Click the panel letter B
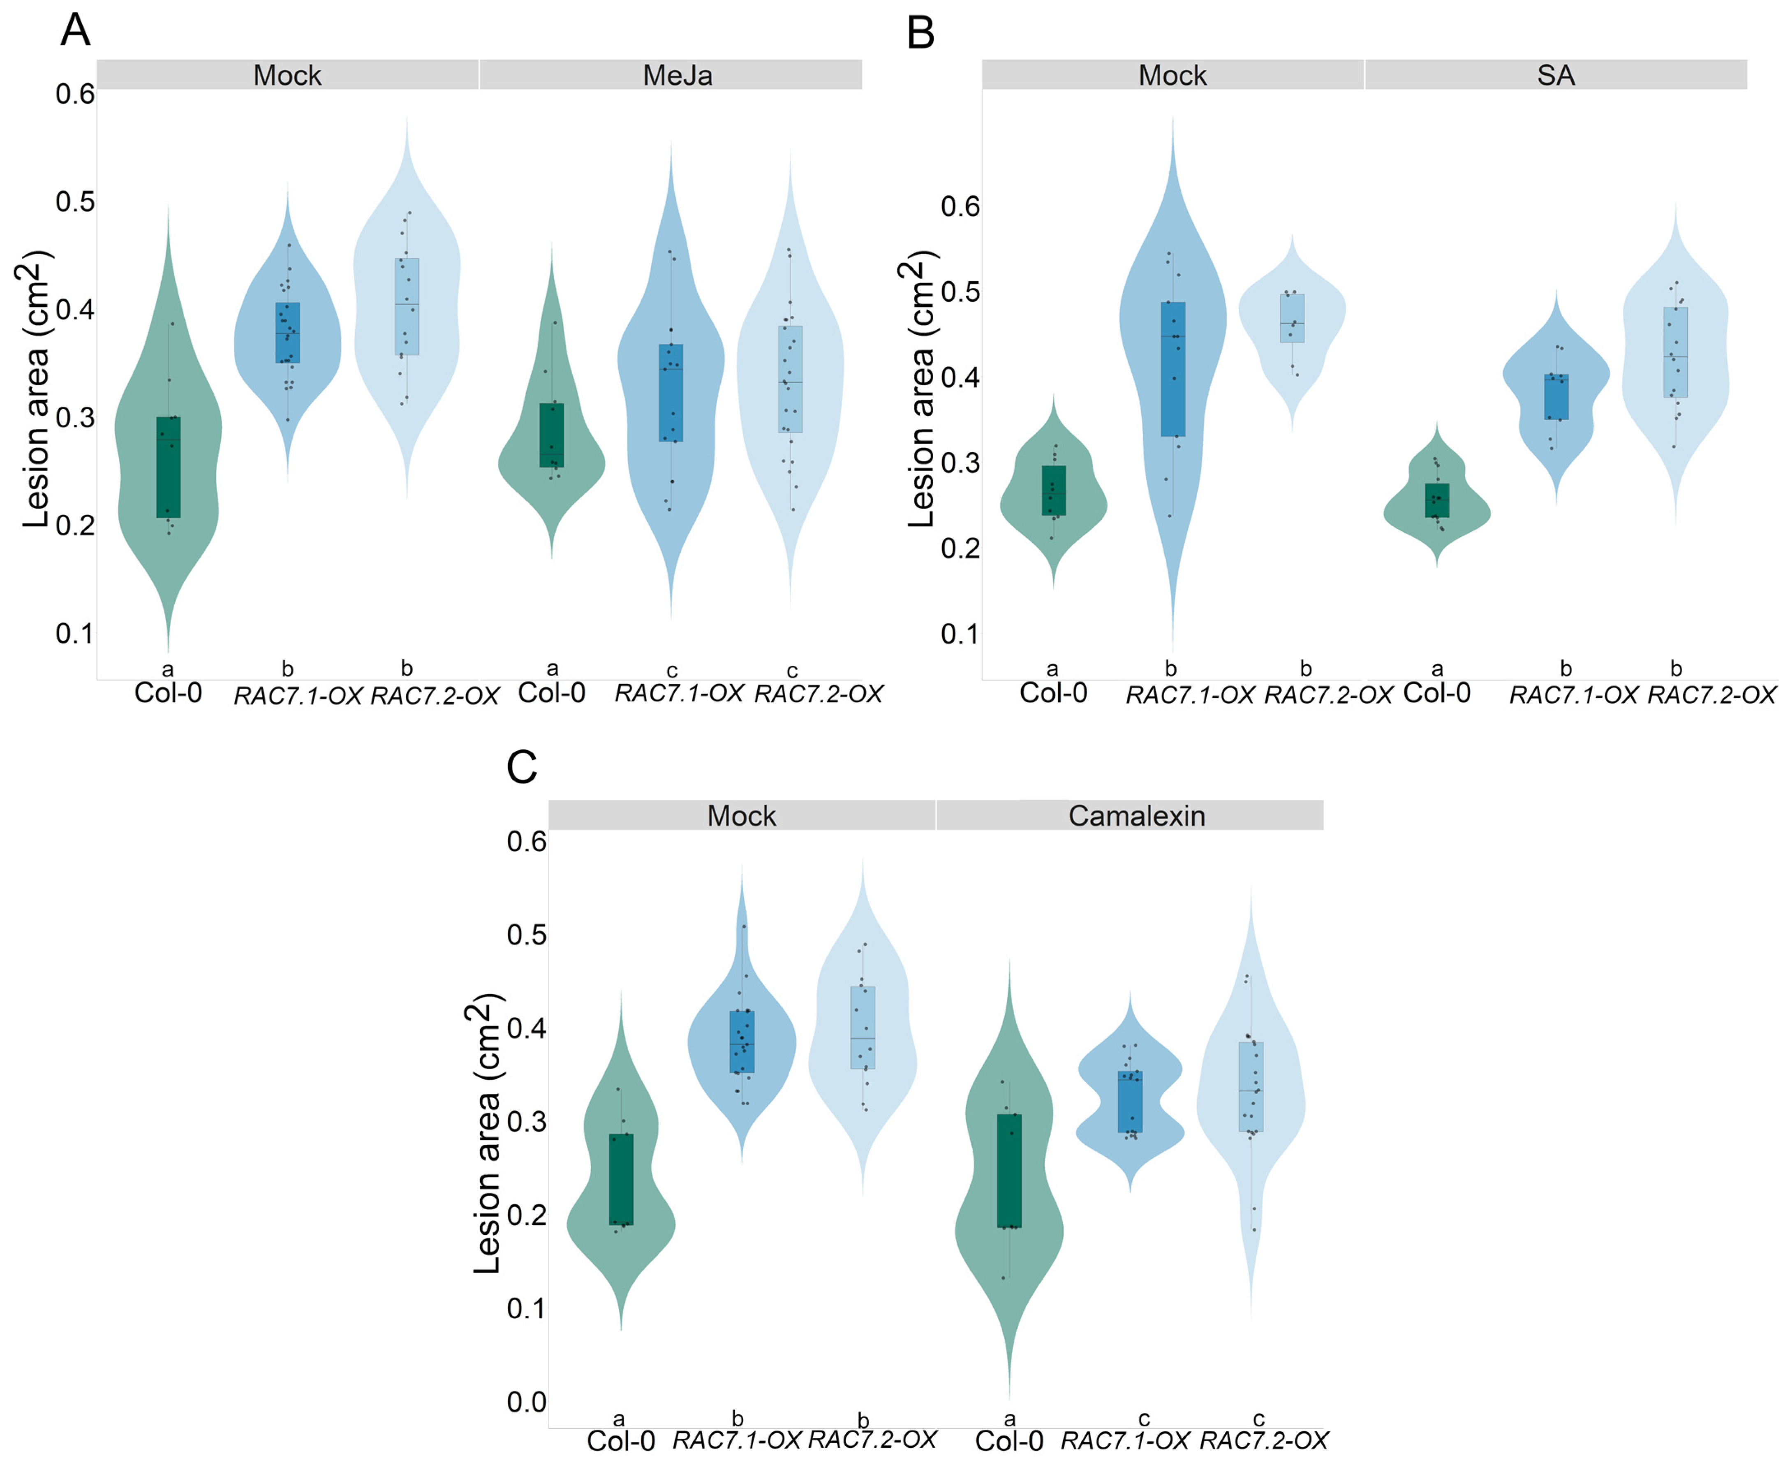(920, 34)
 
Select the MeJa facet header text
(678, 76)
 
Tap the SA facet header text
(1556, 76)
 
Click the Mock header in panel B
(1172, 76)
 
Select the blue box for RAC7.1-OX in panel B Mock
(1172, 369)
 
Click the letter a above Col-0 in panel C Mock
(620, 1419)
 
